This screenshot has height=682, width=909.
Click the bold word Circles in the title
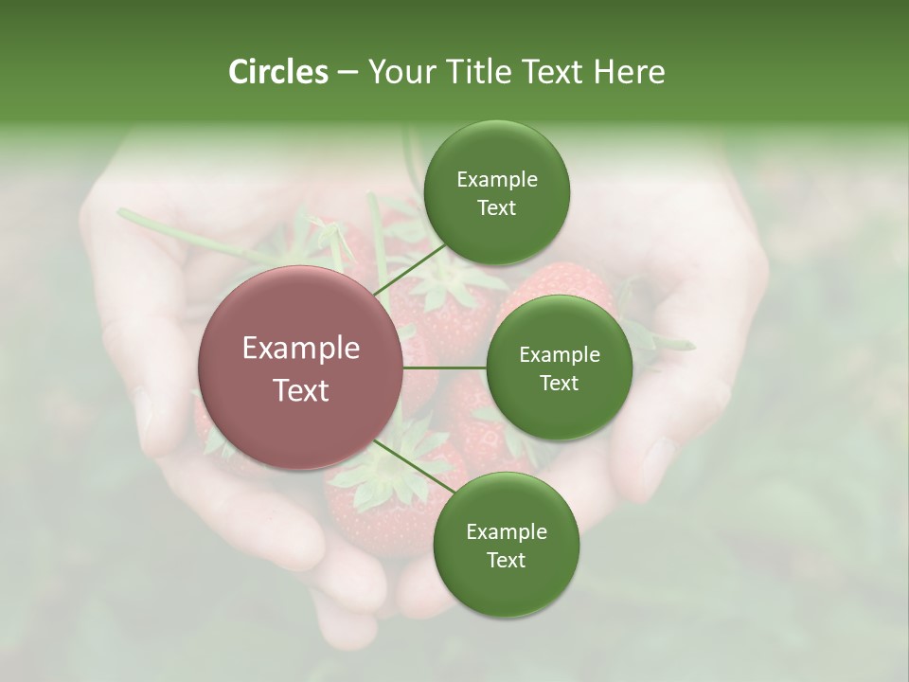pos(277,72)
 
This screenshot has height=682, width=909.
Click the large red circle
pos(300,368)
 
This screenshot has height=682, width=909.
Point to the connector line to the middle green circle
pos(444,368)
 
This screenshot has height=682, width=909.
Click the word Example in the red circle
pos(300,349)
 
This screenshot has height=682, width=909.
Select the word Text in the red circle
pos(300,390)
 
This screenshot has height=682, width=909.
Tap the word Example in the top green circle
pos(496,180)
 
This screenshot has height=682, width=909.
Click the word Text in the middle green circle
pos(559,383)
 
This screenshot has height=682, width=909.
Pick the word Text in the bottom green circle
pos(506,560)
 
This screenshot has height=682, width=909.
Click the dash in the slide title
pos(347,72)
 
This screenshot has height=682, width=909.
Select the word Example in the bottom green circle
pos(506,531)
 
